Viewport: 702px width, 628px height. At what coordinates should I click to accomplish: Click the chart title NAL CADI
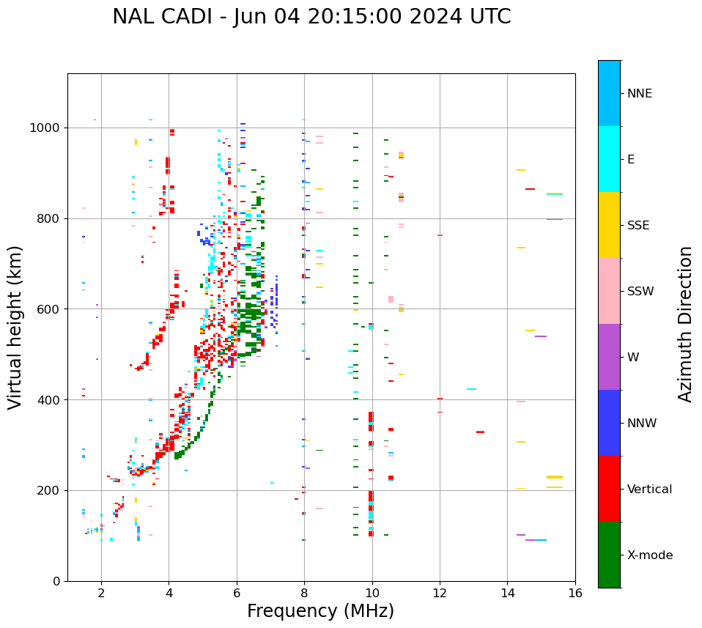(311, 17)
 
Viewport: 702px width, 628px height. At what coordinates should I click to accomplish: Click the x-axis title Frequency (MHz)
(320, 611)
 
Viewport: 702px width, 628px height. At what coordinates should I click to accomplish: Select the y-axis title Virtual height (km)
(15, 328)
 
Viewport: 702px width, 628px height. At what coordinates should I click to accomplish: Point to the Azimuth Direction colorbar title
(685, 324)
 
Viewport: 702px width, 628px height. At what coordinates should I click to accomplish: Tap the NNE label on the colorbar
(639, 94)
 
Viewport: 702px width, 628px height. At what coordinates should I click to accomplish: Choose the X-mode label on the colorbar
(649, 555)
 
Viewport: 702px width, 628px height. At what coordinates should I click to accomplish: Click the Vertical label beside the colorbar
(649, 490)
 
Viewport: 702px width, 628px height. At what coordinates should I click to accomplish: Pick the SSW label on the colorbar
(640, 292)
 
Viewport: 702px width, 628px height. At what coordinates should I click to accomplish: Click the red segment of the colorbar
(609, 489)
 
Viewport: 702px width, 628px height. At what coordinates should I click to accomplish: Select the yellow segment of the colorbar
(609, 225)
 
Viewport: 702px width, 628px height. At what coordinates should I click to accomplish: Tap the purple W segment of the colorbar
(609, 357)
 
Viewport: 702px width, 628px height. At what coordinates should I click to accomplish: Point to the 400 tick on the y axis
(51, 400)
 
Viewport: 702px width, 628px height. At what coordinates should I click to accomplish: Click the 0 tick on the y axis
(57, 581)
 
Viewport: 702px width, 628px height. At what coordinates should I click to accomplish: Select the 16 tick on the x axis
(575, 593)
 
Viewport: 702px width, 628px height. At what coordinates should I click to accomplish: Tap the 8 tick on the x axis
(304, 593)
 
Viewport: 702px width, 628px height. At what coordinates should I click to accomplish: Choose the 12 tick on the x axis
(440, 593)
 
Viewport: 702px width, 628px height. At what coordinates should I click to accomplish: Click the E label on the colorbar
(631, 160)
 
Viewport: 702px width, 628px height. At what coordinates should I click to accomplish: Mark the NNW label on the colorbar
(641, 424)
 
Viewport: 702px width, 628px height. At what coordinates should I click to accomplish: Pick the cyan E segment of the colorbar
(609, 159)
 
